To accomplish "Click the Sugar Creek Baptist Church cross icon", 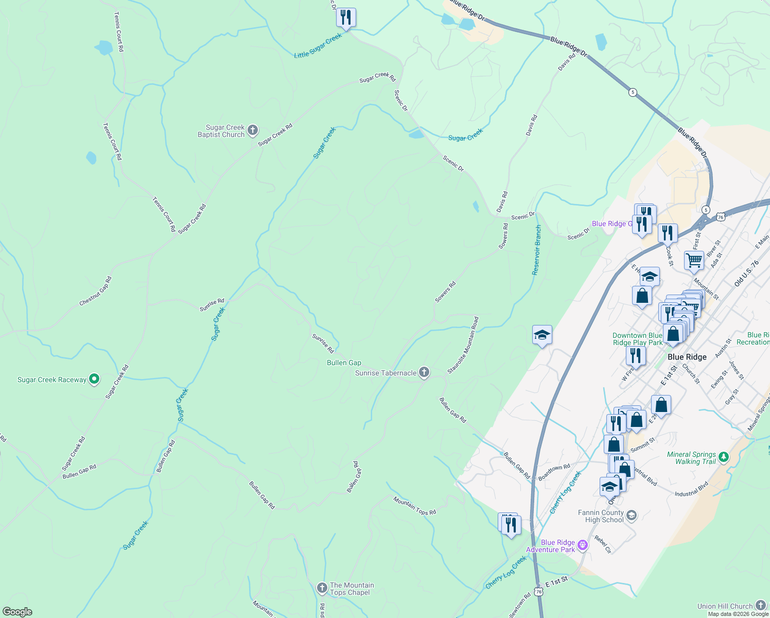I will click(x=253, y=130).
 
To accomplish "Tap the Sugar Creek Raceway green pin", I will click(x=94, y=380).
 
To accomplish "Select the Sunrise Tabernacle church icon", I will click(x=424, y=372).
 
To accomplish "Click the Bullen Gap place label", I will click(x=344, y=363).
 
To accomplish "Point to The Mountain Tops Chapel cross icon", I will click(x=322, y=588).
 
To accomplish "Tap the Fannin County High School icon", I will click(x=632, y=515).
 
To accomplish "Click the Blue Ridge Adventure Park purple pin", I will click(x=583, y=545).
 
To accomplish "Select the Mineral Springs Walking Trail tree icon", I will click(x=724, y=457).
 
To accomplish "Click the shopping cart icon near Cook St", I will click(x=694, y=261).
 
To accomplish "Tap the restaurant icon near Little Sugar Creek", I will click(x=346, y=18).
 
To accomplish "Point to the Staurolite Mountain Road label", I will click(x=463, y=345).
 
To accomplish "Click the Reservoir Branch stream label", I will click(x=537, y=250).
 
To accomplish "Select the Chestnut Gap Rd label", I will click(x=96, y=291).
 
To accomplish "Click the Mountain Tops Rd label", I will click(x=415, y=505).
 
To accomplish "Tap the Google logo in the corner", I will click(x=17, y=611).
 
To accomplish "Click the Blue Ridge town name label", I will click(x=687, y=357).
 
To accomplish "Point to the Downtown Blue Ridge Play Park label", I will click(x=637, y=339).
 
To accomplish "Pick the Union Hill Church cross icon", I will click(x=761, y=606).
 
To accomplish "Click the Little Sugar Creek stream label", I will click(x=318, y=46).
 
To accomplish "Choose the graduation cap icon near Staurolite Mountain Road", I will click(x=542, y=335).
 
